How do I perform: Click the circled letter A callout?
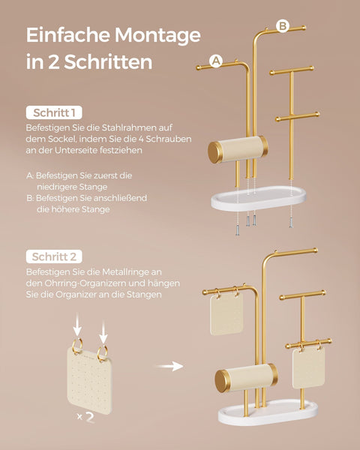[x=216, y=61]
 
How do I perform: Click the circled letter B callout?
[x=283, y=26]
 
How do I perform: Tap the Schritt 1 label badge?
[x=54, y=112]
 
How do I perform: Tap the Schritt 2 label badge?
[x=54, y=256]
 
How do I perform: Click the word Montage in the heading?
[x=157, y=35]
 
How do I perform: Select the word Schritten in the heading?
[x=108, y=61]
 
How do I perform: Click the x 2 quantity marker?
[x=85, y=417]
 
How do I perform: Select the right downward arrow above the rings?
[x=103, y=331]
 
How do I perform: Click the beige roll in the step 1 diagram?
[x=238, y=149]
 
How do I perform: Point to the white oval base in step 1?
[x=258, y=199]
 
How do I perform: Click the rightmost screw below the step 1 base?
[x=291, y=223]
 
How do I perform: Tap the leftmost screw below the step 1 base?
[x=238, y=230]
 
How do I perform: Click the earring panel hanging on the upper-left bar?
[x=226, y=313]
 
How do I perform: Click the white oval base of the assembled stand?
[x=268, y=412]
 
